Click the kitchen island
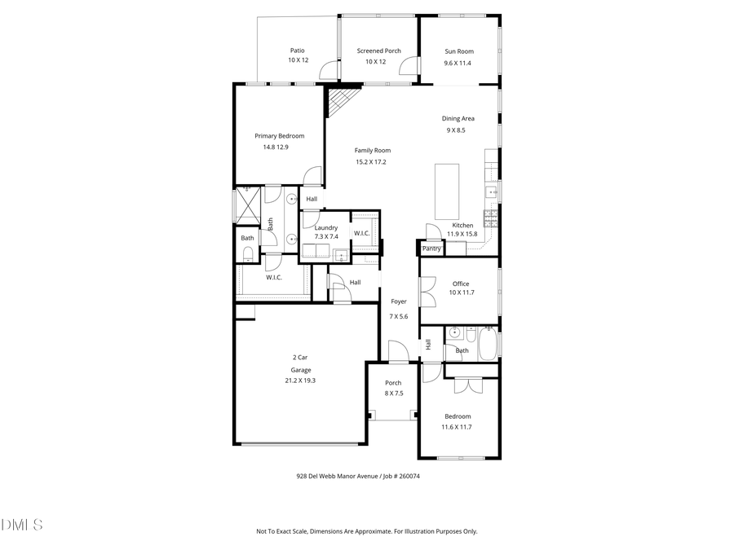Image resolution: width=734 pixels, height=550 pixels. tap(446, 191)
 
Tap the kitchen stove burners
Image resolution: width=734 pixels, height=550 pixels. tap(491, 217)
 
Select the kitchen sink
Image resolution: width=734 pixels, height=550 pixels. tap(492, 192)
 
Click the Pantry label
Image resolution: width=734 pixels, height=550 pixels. tap(431, 249)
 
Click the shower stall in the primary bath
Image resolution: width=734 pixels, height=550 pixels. tap(248, 204)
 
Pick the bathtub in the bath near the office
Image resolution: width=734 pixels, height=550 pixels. tap(488, 344)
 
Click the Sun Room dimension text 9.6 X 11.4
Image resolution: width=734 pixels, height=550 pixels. tap(458, 63)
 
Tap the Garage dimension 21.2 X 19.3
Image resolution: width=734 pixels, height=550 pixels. tap(300, 381)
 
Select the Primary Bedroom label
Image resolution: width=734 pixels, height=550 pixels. tap(279, 136)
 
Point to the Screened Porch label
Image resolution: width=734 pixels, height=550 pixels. tap(378, 51)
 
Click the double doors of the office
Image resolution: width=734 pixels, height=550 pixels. tap(423, 291)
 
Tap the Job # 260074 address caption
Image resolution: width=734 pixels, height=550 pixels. tap(358, 477)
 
